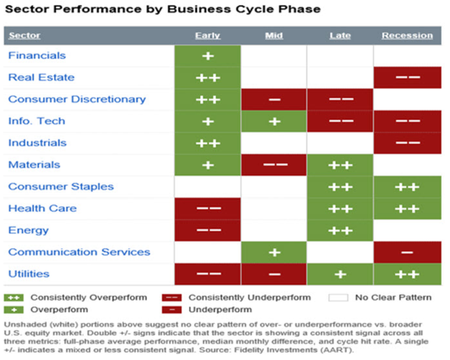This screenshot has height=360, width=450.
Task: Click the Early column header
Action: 208,36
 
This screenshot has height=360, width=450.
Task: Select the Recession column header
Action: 407,36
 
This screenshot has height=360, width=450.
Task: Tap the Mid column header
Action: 274,36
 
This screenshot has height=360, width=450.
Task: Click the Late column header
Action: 340,36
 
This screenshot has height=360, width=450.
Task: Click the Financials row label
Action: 37,56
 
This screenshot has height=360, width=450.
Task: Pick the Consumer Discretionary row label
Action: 77,99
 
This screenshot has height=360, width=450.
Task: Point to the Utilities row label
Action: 29,274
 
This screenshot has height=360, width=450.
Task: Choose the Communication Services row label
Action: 79,252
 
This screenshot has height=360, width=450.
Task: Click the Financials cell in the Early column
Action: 208,56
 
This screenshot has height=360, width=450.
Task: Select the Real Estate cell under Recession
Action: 407,77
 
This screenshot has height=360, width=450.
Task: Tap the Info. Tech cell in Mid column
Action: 274,121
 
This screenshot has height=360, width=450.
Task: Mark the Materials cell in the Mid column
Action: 274,165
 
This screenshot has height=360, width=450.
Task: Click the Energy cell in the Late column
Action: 340,231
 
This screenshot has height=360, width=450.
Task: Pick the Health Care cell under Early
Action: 208,208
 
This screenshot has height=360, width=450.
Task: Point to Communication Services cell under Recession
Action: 407,252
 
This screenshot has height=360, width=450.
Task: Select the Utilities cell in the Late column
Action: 340,274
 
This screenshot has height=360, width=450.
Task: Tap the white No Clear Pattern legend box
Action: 338,298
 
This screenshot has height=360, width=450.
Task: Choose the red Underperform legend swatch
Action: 172,309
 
